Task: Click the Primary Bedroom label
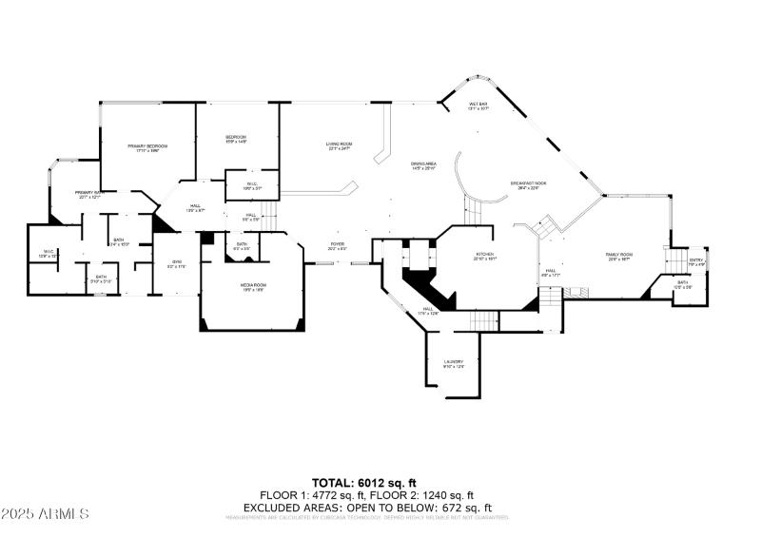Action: click(147, 145)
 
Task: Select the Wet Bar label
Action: click(478, 105)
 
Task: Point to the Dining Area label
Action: click(423, 164)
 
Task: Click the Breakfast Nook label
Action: click(527, 183)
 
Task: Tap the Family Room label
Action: click(619, 255)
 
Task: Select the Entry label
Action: click(695, 260)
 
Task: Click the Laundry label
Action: click(454, 362)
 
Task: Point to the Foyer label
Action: click(337, 243)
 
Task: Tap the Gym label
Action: click(176, 262)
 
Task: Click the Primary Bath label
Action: click(89, 193)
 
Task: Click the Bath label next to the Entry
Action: click(683, 282)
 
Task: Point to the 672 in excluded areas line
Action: click(456, 507)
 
